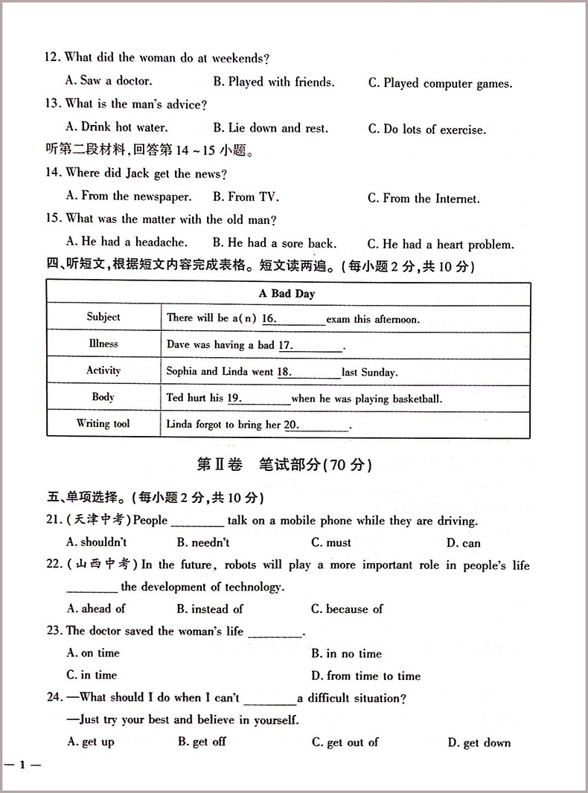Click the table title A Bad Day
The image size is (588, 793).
[x=287, y=294]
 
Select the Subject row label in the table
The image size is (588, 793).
[x=103, y=317]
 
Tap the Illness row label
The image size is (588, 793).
[x=103, y=344]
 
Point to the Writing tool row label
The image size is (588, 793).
[x=103, y=424]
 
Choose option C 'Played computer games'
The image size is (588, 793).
[x=440, y=83]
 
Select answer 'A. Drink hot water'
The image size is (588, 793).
[x=117, y=127]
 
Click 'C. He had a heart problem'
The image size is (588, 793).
[x=441, y=244]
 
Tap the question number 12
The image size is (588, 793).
[x=52, y=57]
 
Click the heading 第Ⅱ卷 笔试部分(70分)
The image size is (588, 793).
[x=284, y=465]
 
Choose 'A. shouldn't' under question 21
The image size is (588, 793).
[x=97, y=543]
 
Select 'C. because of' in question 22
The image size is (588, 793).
[x=347, y=609]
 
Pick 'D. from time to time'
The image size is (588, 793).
[x=365, y=676]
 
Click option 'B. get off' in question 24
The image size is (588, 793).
[x=202, y=742]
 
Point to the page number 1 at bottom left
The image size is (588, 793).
[x=23, y=765]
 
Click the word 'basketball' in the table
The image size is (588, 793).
[x=413, y=399]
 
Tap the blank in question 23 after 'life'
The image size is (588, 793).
[x=275, y=633]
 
